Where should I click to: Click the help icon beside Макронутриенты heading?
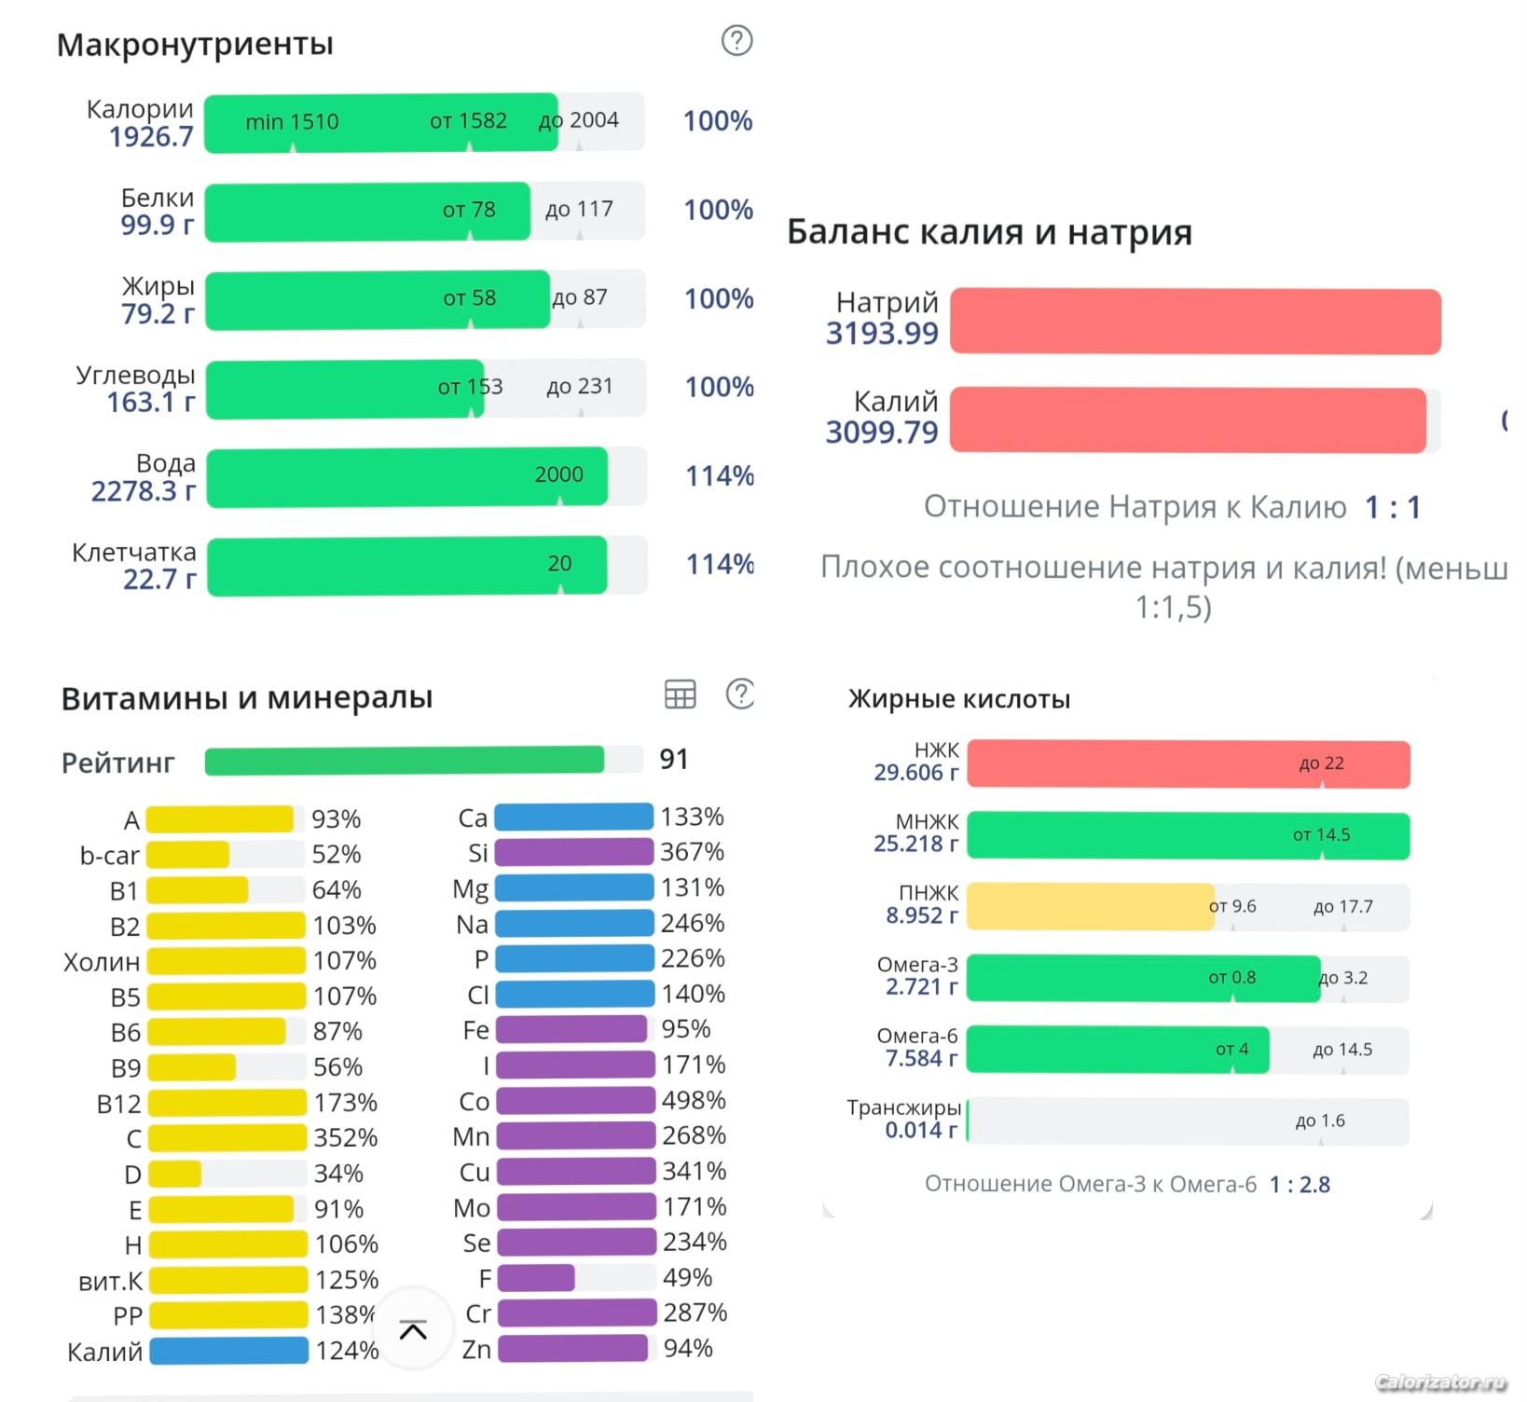coord(736,40)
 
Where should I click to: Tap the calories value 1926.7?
coord(150,137)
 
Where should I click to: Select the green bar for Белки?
coord(367,212)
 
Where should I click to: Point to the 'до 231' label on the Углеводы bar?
coord(580,386)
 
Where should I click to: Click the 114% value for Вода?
coord(720,475)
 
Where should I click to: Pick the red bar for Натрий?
coord(1195,322)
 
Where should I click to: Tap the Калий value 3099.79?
coord(881,432)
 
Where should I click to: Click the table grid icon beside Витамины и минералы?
coord(680,694)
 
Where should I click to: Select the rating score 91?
coord(674,760)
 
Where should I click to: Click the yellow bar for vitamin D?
coord(175,1174)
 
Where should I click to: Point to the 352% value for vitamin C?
coord(346,1138)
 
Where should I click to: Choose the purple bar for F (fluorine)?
coord(536,1278)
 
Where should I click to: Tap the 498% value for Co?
coord(694,1100)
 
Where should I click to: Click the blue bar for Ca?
coord(573,818)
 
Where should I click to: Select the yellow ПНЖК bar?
coord(1090,907)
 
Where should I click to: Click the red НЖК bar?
coord(1188,764)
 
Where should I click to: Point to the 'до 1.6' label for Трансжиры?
coord(1319,1120)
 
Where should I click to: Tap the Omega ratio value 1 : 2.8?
coord(1300,1185)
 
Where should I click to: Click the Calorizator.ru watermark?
coord(1440,1382)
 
